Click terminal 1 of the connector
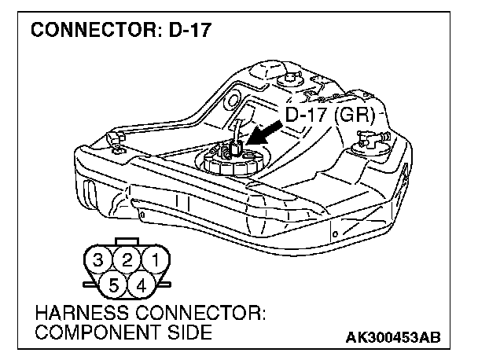(x=156, y=259)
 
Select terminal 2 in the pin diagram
(x=126, y=259)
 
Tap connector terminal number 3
(x=97, y=259)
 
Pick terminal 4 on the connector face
(x=142, y=284)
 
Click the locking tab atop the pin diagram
(x=127, y=241)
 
